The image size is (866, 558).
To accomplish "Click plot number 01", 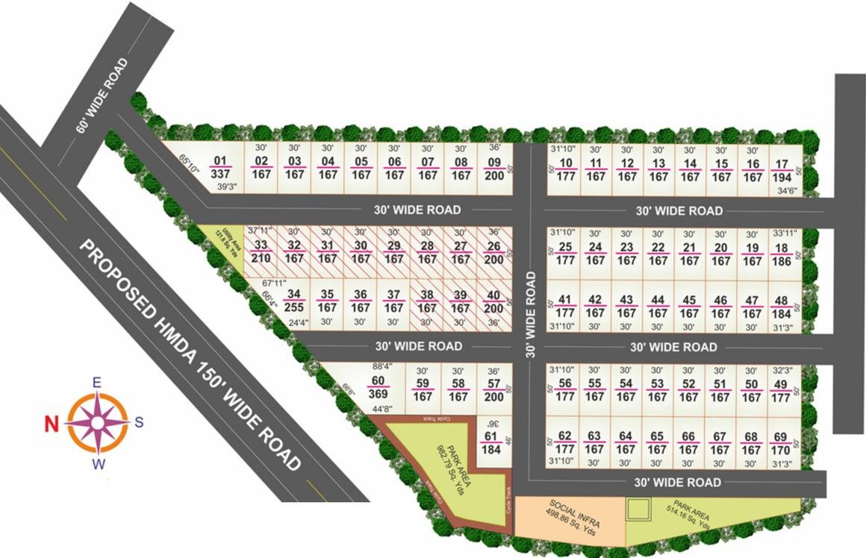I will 219,167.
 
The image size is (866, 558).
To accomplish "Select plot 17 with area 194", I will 782,170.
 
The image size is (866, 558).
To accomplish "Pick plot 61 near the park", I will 490,442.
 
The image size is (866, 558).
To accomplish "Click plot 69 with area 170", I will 781,443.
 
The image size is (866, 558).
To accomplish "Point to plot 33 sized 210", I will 261,251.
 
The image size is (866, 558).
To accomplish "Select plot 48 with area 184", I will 782,307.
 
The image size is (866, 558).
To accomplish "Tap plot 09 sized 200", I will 494,169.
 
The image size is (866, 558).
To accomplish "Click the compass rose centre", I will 97,421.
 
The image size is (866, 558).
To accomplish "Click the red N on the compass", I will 52,424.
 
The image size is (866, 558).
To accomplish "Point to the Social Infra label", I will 571,515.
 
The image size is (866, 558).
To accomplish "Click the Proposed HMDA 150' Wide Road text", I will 190,354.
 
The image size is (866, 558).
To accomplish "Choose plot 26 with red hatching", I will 494,252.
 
